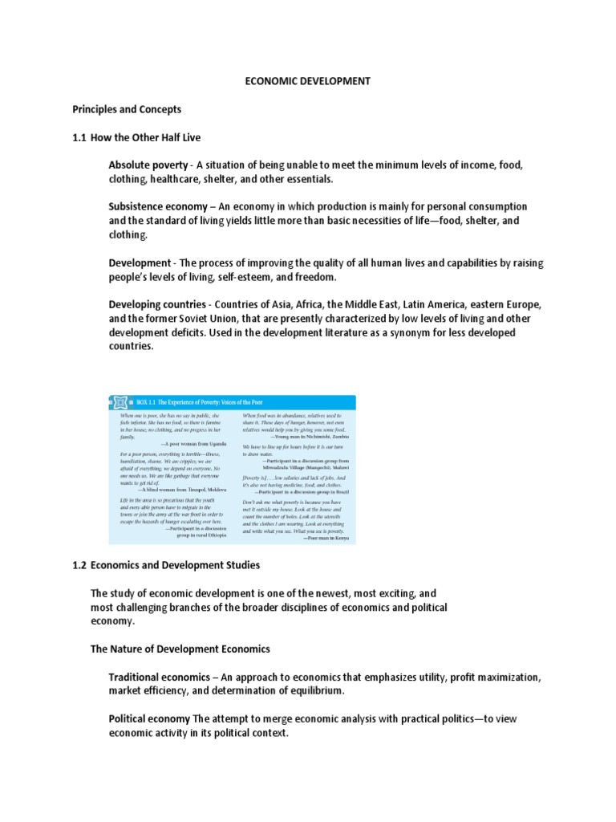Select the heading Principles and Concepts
click(x=127, y=109)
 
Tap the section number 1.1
click(x=79, y=137)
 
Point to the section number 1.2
click(x=79, y=565)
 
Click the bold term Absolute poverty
click(x=148, y=165)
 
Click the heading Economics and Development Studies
click(x=175, y=565)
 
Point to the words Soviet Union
click(x=196, y=319)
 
